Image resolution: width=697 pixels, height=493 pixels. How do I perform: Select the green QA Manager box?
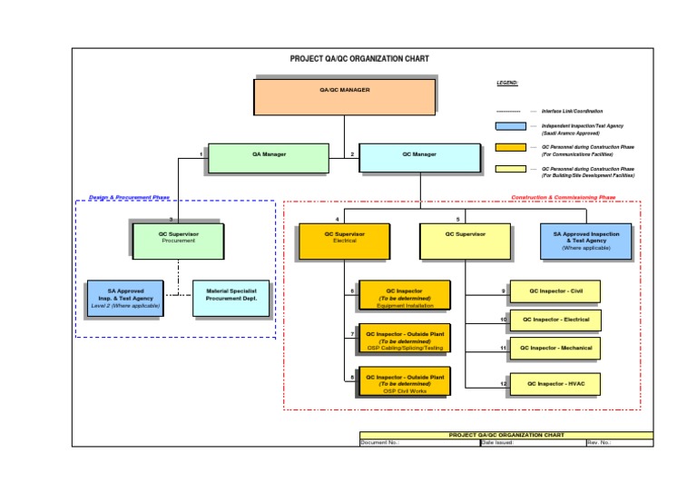click(268, 157)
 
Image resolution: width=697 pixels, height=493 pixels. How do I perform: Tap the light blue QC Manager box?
click(418, 157)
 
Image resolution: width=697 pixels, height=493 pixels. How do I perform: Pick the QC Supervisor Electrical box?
click(344, 241)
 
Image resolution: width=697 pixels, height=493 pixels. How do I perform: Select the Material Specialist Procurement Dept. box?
click(231, 298)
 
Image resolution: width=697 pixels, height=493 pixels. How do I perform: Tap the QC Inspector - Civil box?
click(554, 291)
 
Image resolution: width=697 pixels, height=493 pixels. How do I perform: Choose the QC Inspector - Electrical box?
click(554, 320)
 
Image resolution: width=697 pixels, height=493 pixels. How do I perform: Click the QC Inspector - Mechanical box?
click(554, 348)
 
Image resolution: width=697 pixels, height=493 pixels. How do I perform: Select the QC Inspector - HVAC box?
click(554, 384)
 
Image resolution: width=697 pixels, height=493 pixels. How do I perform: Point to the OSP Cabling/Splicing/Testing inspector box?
click(404, 339)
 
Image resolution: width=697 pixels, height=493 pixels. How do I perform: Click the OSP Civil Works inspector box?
click(404, 382)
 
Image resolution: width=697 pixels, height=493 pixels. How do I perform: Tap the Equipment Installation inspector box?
click(404, 296)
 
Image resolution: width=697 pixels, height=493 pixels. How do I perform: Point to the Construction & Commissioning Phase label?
click(563, 197)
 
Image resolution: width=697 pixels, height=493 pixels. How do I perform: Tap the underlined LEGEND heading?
click(506, 83)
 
